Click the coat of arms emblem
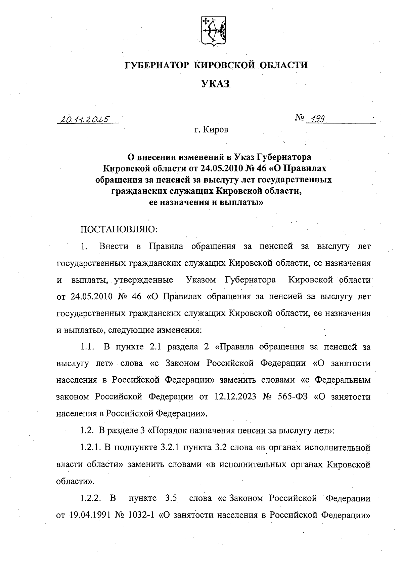coord(213,31)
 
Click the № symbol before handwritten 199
coord(300,118)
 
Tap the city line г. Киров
coord(211,129)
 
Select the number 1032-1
coord(141,515)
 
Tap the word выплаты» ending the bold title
coord(241,203)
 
